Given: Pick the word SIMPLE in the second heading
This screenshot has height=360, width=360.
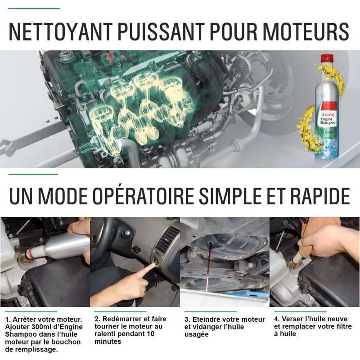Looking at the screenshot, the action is click(230, 196).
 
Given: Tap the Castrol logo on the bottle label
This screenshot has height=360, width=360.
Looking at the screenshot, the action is click(328, 114).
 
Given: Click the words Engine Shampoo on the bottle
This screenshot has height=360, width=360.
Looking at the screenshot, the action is click(328, 121).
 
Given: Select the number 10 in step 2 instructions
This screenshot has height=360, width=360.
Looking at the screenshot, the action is click(150, 334).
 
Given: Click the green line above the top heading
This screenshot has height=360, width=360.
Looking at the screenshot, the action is click(34, 9).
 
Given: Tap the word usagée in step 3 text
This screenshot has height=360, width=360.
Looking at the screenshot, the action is click(196, 334).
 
